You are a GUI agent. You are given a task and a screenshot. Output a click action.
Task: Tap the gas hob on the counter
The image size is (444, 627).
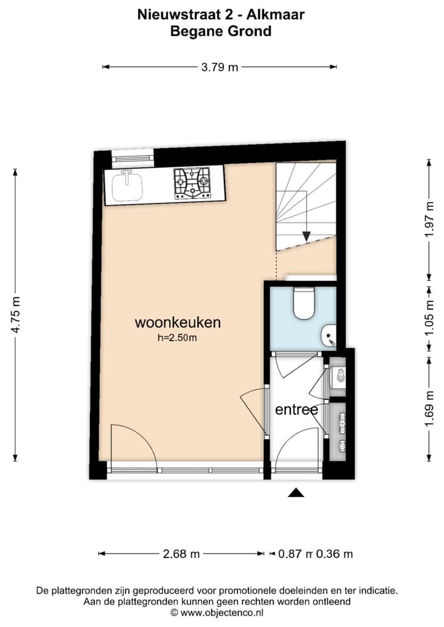point(192,184)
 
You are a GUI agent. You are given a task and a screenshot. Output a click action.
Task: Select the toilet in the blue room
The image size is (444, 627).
point(304,304)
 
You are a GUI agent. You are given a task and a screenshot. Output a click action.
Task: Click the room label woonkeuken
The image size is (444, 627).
point(178,322)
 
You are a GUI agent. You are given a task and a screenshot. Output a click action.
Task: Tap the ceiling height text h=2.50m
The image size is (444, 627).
point(177,338)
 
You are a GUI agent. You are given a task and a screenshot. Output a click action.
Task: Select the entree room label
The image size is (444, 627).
point(296,410)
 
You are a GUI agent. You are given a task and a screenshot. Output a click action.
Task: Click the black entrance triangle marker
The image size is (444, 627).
point(297,492)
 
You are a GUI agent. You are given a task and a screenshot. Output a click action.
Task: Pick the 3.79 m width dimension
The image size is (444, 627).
point(220,68)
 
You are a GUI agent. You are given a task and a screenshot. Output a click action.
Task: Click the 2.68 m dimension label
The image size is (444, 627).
point(181,554)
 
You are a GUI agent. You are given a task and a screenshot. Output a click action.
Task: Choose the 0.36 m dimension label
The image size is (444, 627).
point(335,554)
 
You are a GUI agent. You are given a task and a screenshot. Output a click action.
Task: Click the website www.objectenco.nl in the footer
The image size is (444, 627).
point(221,612)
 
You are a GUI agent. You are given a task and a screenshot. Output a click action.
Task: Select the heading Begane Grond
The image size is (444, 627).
point(221,31)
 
